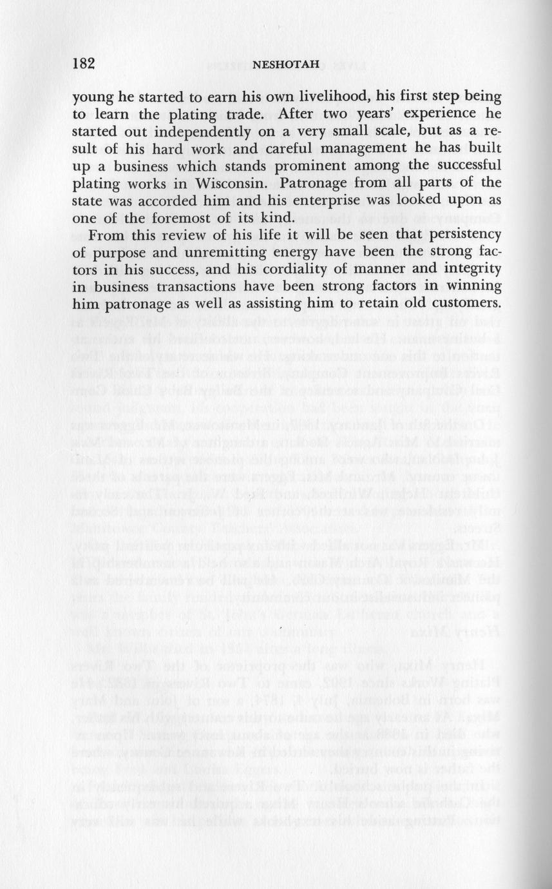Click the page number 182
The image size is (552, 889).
84,64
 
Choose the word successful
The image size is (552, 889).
461,166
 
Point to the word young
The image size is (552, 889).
92,99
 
